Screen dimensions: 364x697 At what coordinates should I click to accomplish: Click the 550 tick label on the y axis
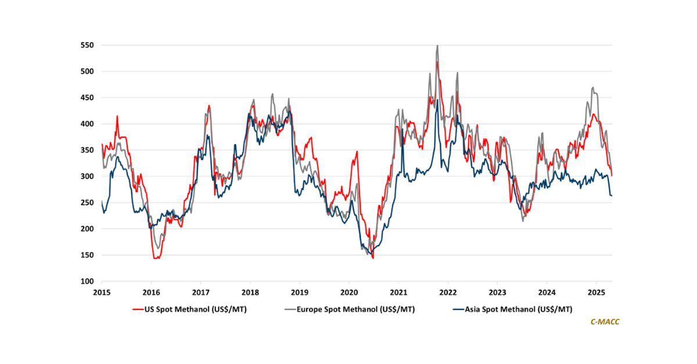point(88,45)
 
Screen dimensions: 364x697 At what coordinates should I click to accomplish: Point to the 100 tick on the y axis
point(88,282)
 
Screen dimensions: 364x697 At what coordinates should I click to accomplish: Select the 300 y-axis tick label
point(88,176)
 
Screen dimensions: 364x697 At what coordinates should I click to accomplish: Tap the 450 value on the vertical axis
point(88,98)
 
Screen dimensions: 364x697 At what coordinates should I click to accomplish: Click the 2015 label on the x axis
point(102,293)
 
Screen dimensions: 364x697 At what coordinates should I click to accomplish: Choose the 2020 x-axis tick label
point(349,293)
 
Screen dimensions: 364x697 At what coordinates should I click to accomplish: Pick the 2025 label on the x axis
point(597,293)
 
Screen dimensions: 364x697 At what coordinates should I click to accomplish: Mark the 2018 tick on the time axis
point(250,293)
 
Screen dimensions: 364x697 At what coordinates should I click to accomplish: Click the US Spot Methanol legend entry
point(189,309)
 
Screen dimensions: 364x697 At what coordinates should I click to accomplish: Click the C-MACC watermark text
point(604,321)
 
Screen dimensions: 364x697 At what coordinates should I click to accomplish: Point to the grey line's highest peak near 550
point(437,45)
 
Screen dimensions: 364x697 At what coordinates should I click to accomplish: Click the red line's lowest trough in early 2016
point(156,258)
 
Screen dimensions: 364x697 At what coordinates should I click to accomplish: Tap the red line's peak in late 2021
point(437,62)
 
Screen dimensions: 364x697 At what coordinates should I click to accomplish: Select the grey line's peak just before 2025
point(592,88)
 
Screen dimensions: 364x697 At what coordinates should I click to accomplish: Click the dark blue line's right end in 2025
point(612,196)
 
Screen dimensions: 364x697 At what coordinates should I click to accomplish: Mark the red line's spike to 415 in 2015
point(117,116)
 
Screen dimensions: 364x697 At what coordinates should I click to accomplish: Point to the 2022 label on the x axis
point(448,293)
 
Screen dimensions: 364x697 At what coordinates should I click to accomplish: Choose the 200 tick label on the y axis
point(88,229)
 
